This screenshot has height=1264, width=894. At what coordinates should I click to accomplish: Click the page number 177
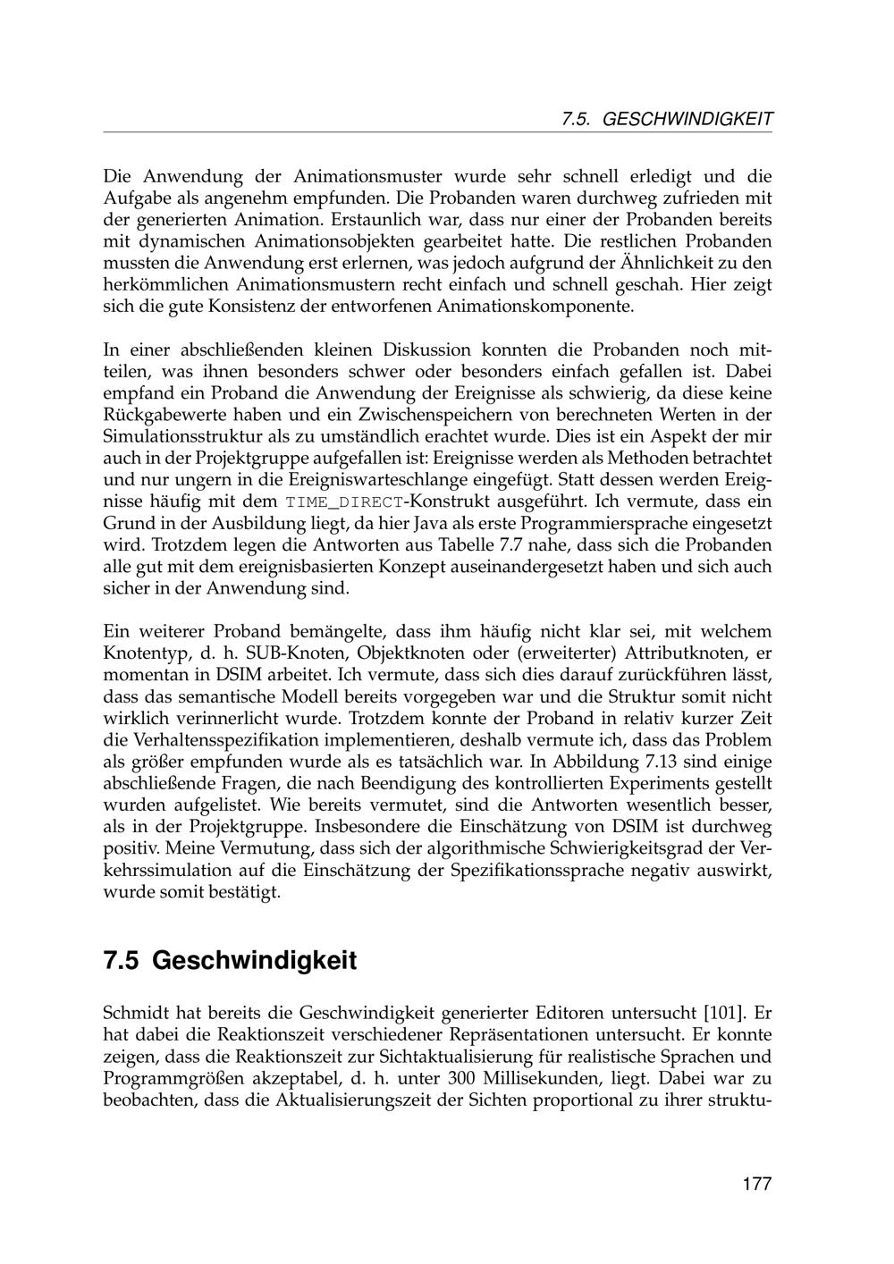point(755,1184)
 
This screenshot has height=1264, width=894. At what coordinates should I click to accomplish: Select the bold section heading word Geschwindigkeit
point(255,961)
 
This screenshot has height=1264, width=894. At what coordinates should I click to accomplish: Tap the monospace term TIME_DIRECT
point(344,502)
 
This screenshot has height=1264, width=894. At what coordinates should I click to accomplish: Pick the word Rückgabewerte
point(162,415)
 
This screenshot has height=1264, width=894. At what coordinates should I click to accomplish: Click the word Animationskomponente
point(536,307)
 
